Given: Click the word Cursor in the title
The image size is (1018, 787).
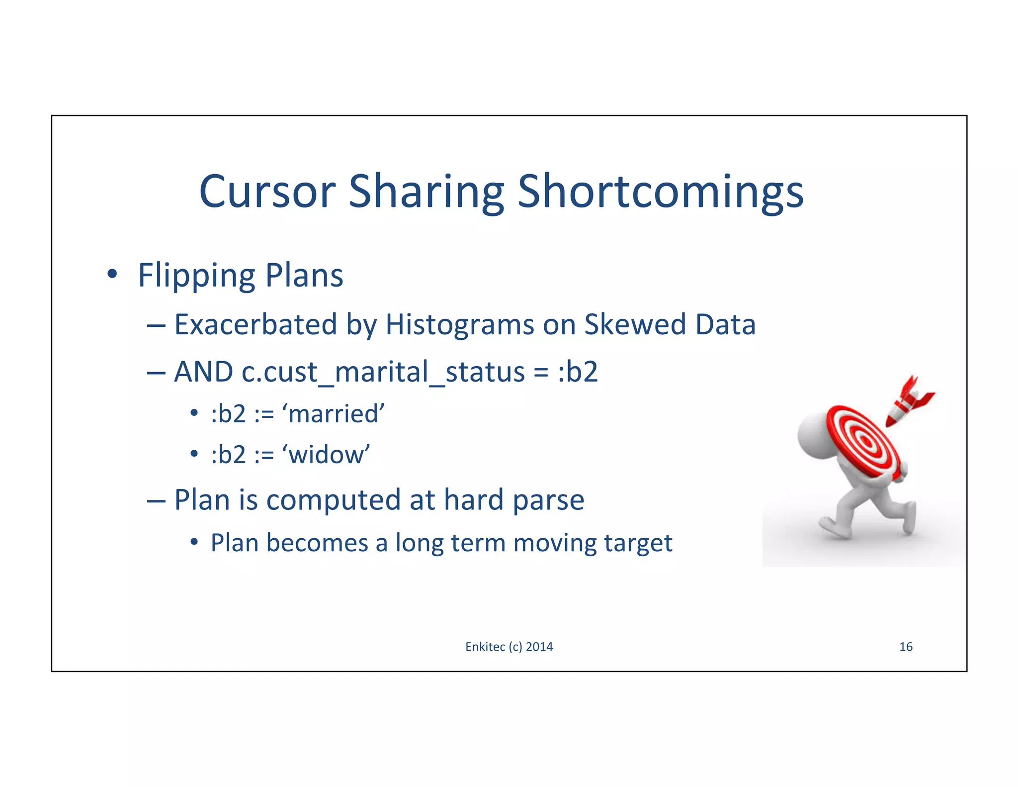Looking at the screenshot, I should pyautogui.click(x=267, y=192).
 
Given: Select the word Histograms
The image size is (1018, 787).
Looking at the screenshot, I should pyautogui.click(x=459, y=325).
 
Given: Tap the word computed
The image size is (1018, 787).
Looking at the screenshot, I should pyautogui.click(x=333, y=500).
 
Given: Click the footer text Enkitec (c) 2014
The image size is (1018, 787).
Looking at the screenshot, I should pyautogui.click(x=509, y=647).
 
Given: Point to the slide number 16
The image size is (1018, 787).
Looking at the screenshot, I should pyautogui.click(x=906, y=647).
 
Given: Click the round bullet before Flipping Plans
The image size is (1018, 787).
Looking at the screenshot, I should pyautogui.click(x=112, y=274).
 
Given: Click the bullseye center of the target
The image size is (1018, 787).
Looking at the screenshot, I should pyautogui.click(x=866, y=441).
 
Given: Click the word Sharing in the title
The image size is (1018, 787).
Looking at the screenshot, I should pyautogui.click(x=426, y=192).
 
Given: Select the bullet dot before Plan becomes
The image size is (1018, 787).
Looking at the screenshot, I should pyautogui.click(x=194, y=543).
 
